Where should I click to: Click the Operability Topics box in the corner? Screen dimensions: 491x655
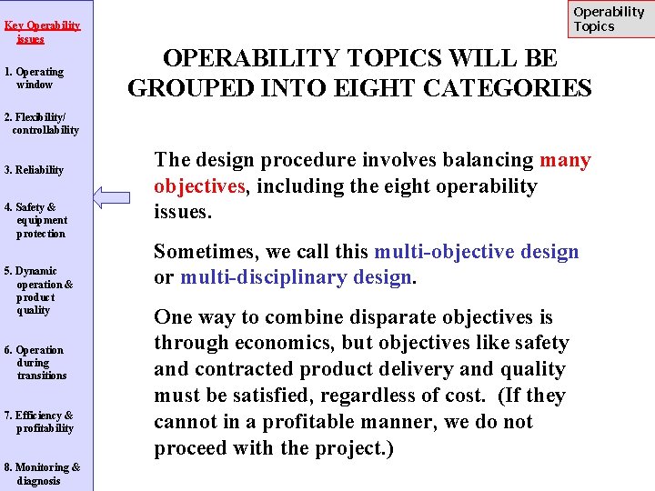[609, 19]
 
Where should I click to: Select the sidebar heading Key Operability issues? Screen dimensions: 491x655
[42, 32]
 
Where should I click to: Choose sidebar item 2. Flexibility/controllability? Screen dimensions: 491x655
[41, 124]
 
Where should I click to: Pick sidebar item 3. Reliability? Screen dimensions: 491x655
[34, 170]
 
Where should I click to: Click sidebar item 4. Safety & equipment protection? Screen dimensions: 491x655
[35, 220]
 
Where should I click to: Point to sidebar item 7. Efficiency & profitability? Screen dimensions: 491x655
[38, 421]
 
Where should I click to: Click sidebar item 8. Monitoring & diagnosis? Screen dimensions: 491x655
[42, 474]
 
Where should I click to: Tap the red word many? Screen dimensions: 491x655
[565, 160]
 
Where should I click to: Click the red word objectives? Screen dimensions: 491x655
[197, 186]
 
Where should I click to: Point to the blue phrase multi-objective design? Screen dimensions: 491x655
[477, 251]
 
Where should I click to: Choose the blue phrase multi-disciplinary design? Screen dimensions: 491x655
[297, 277]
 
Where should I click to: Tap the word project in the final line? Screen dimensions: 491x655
[348, 448]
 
